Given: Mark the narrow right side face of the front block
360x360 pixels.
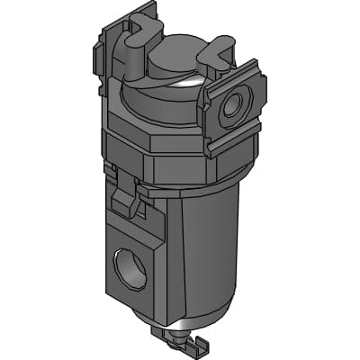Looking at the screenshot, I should (159, 270).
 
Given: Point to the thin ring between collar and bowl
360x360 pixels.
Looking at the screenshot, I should (180, 191).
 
